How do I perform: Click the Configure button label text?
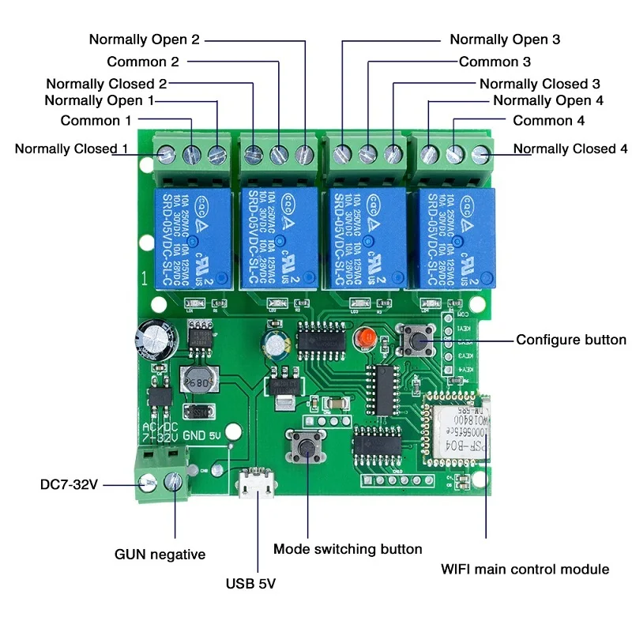click(x=570, y=340)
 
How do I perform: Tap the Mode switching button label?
click(x=348, y=548)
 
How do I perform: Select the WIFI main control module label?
click(x=524, y=569)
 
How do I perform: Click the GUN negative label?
click(x=160, y=555)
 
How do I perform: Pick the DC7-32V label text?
click(x=69, y=484)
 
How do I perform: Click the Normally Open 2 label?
click(x=144, y=39)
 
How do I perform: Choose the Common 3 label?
click(x=495, y=61)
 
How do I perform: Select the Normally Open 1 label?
click(x=100, y=100)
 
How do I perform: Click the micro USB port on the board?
click(x=254, y=485)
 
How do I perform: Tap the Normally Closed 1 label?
click(x=70, y=149)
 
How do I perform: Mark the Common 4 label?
click(x=548, y=121)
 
